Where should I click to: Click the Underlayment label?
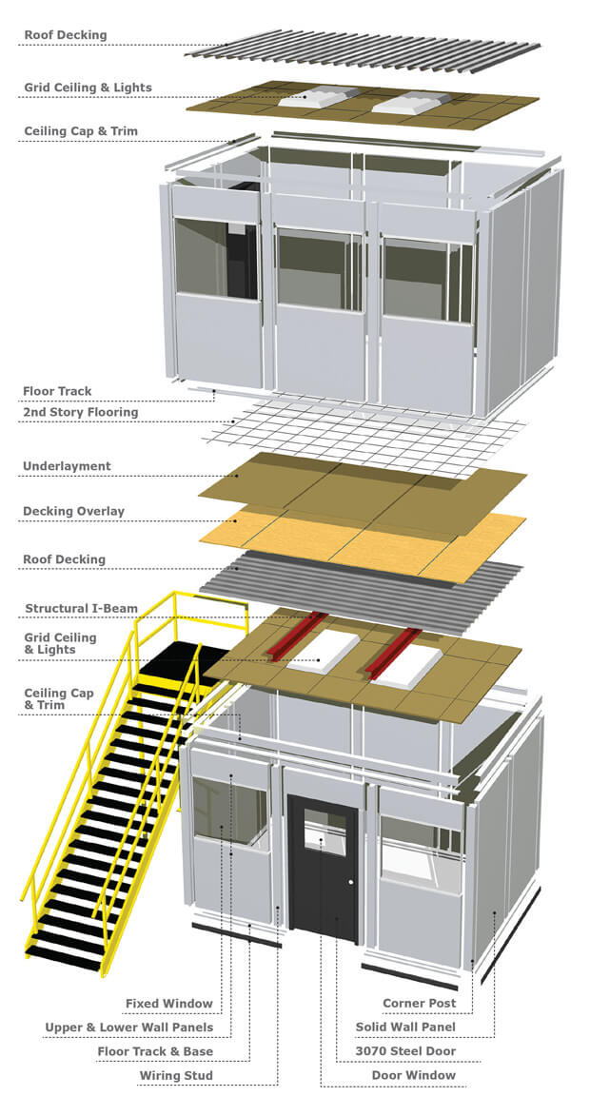(x=67, y=466)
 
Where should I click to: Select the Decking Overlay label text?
(x=73, y=512)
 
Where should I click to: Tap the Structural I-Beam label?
(x=81, y=608)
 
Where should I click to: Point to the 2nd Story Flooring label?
(x=80, y=412)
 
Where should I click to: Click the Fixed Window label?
(x=169, y=1003)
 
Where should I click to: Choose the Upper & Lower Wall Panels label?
(x=128, y=1028)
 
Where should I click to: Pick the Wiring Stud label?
(x=176, y=1076)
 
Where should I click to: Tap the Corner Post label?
(x=419, y=1003)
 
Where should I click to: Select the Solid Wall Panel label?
(x=405, y=1028)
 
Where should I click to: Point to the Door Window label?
(x=413, y=1076)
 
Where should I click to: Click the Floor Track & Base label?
(x=155, y=1051)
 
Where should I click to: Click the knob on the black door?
(x=350, y=883)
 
